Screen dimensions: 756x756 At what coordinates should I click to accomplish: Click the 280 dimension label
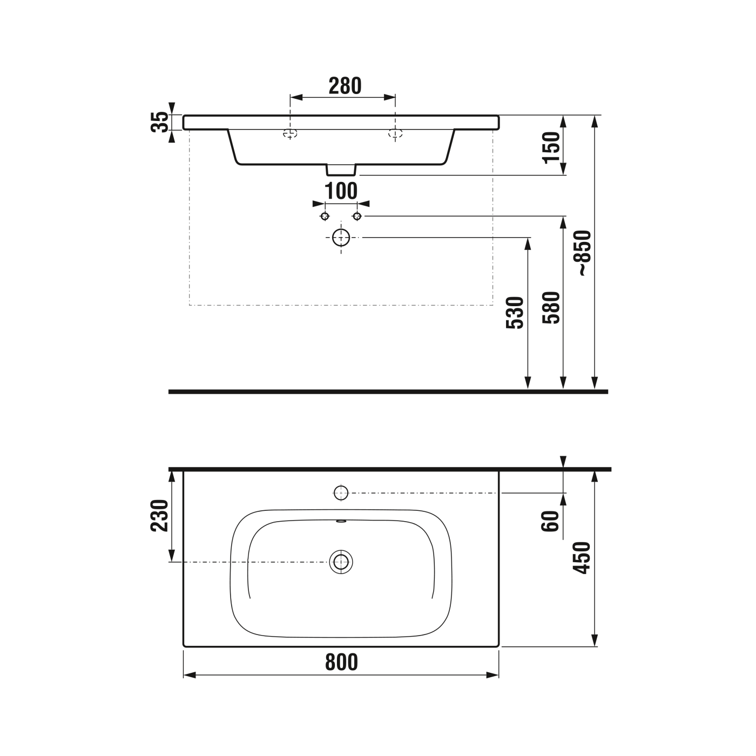pyautogui.click(x=345, y=86)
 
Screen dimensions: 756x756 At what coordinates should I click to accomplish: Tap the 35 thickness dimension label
pyautogui.click(x=160, y=123)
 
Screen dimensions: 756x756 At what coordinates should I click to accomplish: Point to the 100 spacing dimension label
pyautogui.click(x=341, y=191)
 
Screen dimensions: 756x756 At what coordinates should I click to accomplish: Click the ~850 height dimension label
pyautogui.click(x=584, y=254)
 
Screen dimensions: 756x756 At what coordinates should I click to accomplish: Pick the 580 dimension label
pyautogui.click(x=552, y=307)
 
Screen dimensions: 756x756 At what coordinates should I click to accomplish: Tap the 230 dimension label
pyautogui.click(x=160, y=516)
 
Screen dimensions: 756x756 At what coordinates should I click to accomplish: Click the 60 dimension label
pyautogui.click(x=550, y=521)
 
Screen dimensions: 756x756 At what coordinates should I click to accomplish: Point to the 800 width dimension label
pyautogui.click(x=341, y=661)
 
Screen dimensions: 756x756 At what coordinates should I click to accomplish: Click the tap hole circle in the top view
pyautogui.click(x=341, y=492)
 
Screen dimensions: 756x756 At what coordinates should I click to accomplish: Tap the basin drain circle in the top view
pyautogui.click(x=341, y=562)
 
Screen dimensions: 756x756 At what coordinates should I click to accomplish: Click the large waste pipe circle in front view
pyautogui.click(x=341, y=237)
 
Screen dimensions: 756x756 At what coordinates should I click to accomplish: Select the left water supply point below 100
pyautogui.click(x=325, y=217)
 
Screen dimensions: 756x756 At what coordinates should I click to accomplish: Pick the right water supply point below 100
pyautogui.click(x=357, y=217)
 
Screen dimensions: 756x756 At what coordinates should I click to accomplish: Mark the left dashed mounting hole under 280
pyautogui.click(x=291, y=134)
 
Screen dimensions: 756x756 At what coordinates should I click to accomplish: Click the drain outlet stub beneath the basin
pyautogui.click(x=341, y=170)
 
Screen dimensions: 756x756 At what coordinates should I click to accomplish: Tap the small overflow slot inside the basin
pyautogui.click(x=341, y=522)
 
